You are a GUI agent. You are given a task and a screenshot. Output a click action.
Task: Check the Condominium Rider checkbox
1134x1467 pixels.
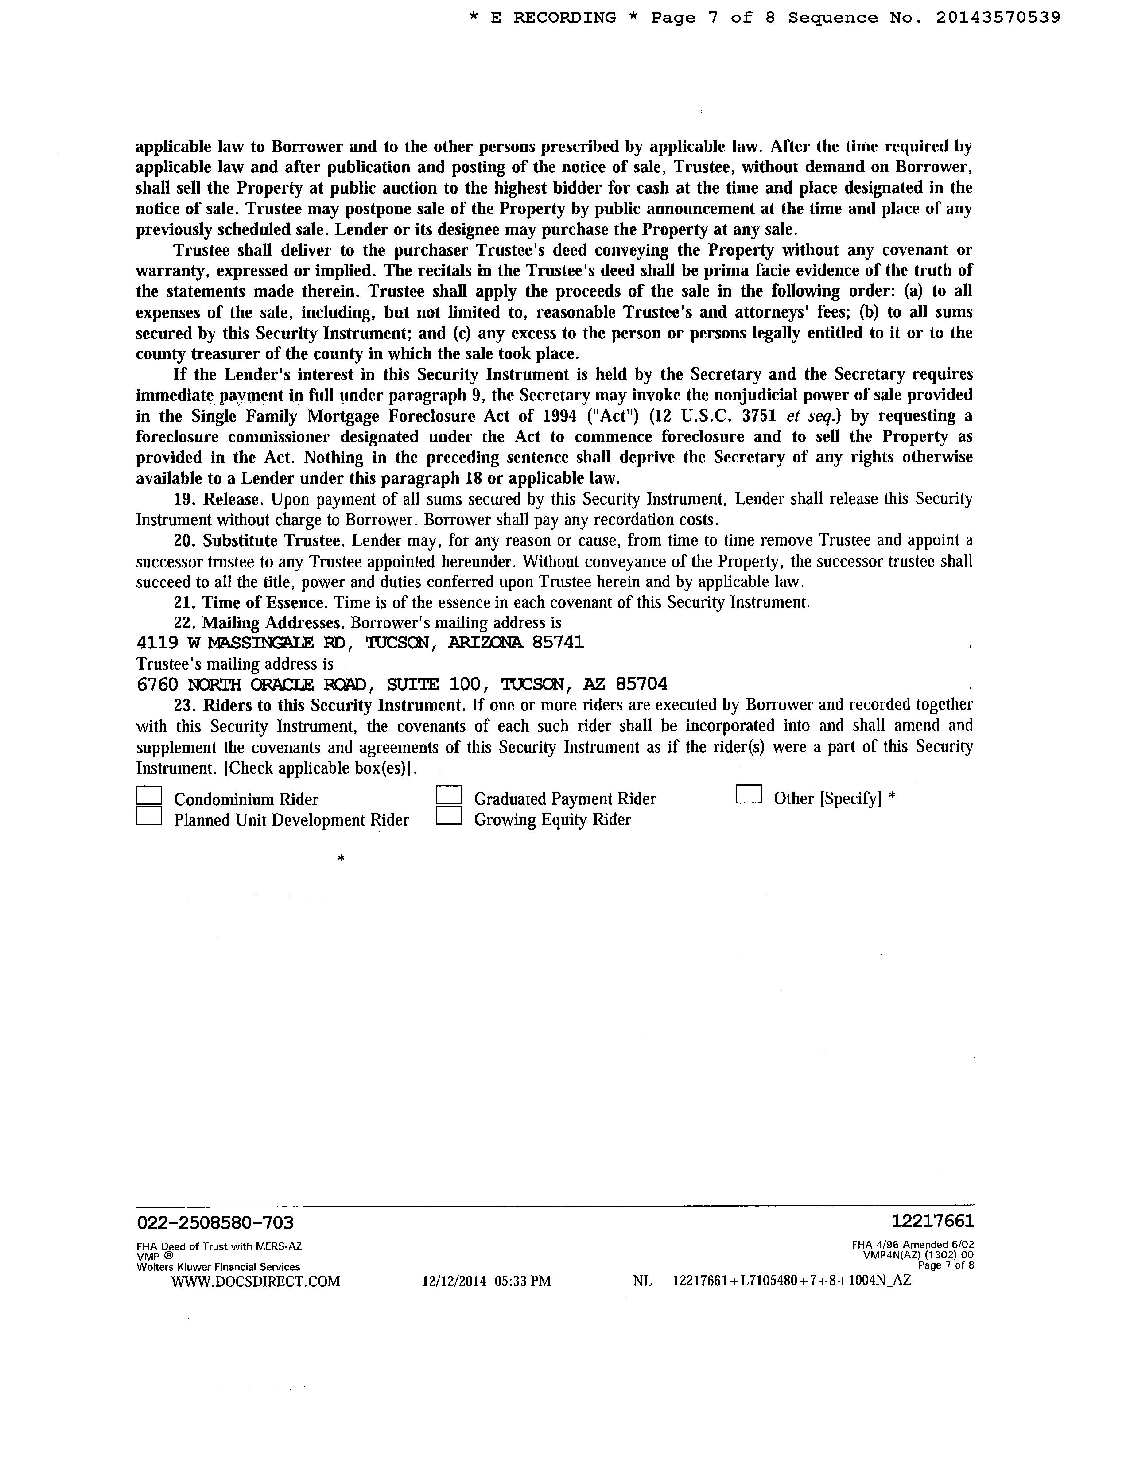pos(149,796)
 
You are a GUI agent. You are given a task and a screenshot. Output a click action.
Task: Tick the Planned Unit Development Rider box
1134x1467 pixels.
pos(149,816)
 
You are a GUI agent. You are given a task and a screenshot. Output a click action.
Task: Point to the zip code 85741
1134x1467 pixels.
pos(558,643)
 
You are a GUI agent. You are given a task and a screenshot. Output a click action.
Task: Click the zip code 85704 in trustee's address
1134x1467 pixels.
pos(641,684)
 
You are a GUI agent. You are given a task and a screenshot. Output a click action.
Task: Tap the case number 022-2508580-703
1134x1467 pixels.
pos(215,1222)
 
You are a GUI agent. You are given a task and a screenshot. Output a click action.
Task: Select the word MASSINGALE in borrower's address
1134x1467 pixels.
pos(260,643)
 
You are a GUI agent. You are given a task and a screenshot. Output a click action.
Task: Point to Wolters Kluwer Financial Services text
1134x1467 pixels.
pos(218,1267)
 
